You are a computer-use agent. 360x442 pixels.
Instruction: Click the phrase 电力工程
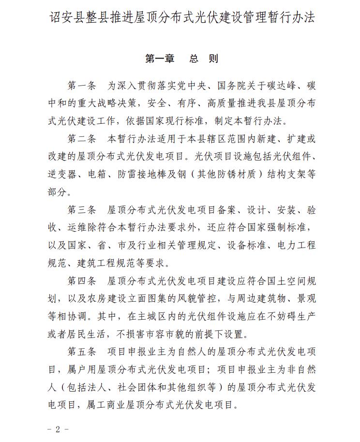click(x=297, y=245)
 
